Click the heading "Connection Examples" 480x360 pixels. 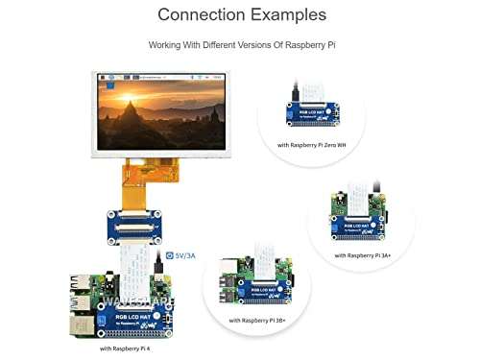(x=241, y=15)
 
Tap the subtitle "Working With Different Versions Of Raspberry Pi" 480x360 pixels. (x=241, y=45)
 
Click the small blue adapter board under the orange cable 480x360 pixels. (x=143, y=228)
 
